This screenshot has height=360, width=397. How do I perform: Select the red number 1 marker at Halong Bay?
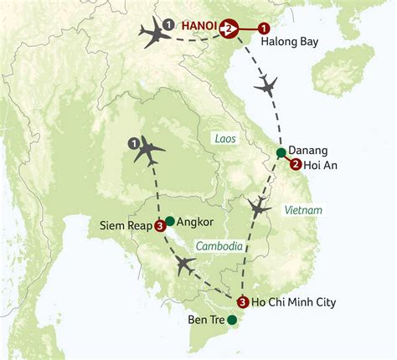265,28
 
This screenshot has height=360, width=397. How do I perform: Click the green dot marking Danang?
281,152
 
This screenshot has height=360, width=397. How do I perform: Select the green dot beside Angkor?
170,221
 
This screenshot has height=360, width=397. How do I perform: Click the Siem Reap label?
125,225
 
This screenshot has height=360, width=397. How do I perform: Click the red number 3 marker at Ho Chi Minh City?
242,303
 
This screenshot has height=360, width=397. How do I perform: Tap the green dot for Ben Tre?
232,319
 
